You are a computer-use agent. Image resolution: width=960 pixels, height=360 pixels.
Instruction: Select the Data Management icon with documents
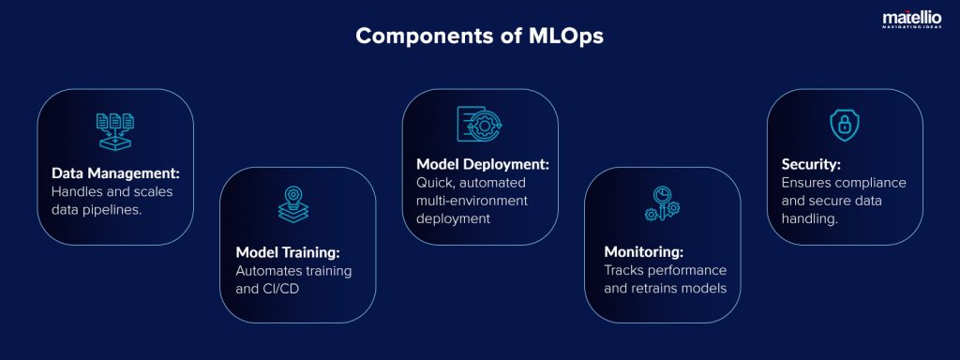(x=114, y=130)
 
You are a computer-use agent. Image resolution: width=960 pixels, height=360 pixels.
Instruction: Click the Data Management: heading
(x=114, y=173)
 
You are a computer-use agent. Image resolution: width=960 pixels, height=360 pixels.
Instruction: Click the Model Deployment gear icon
(x=479, y=127)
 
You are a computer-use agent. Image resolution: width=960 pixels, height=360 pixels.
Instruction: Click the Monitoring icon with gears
(x=662, y=203)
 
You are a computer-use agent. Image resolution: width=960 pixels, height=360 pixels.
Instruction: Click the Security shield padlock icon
(x=844, y=124)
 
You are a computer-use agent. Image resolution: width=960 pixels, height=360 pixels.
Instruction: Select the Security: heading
(x=813, y=164)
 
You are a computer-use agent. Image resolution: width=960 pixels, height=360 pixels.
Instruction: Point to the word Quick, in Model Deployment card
(x=437, y=183)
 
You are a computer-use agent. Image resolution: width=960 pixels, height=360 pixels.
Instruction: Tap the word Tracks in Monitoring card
(x=625, y=270)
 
